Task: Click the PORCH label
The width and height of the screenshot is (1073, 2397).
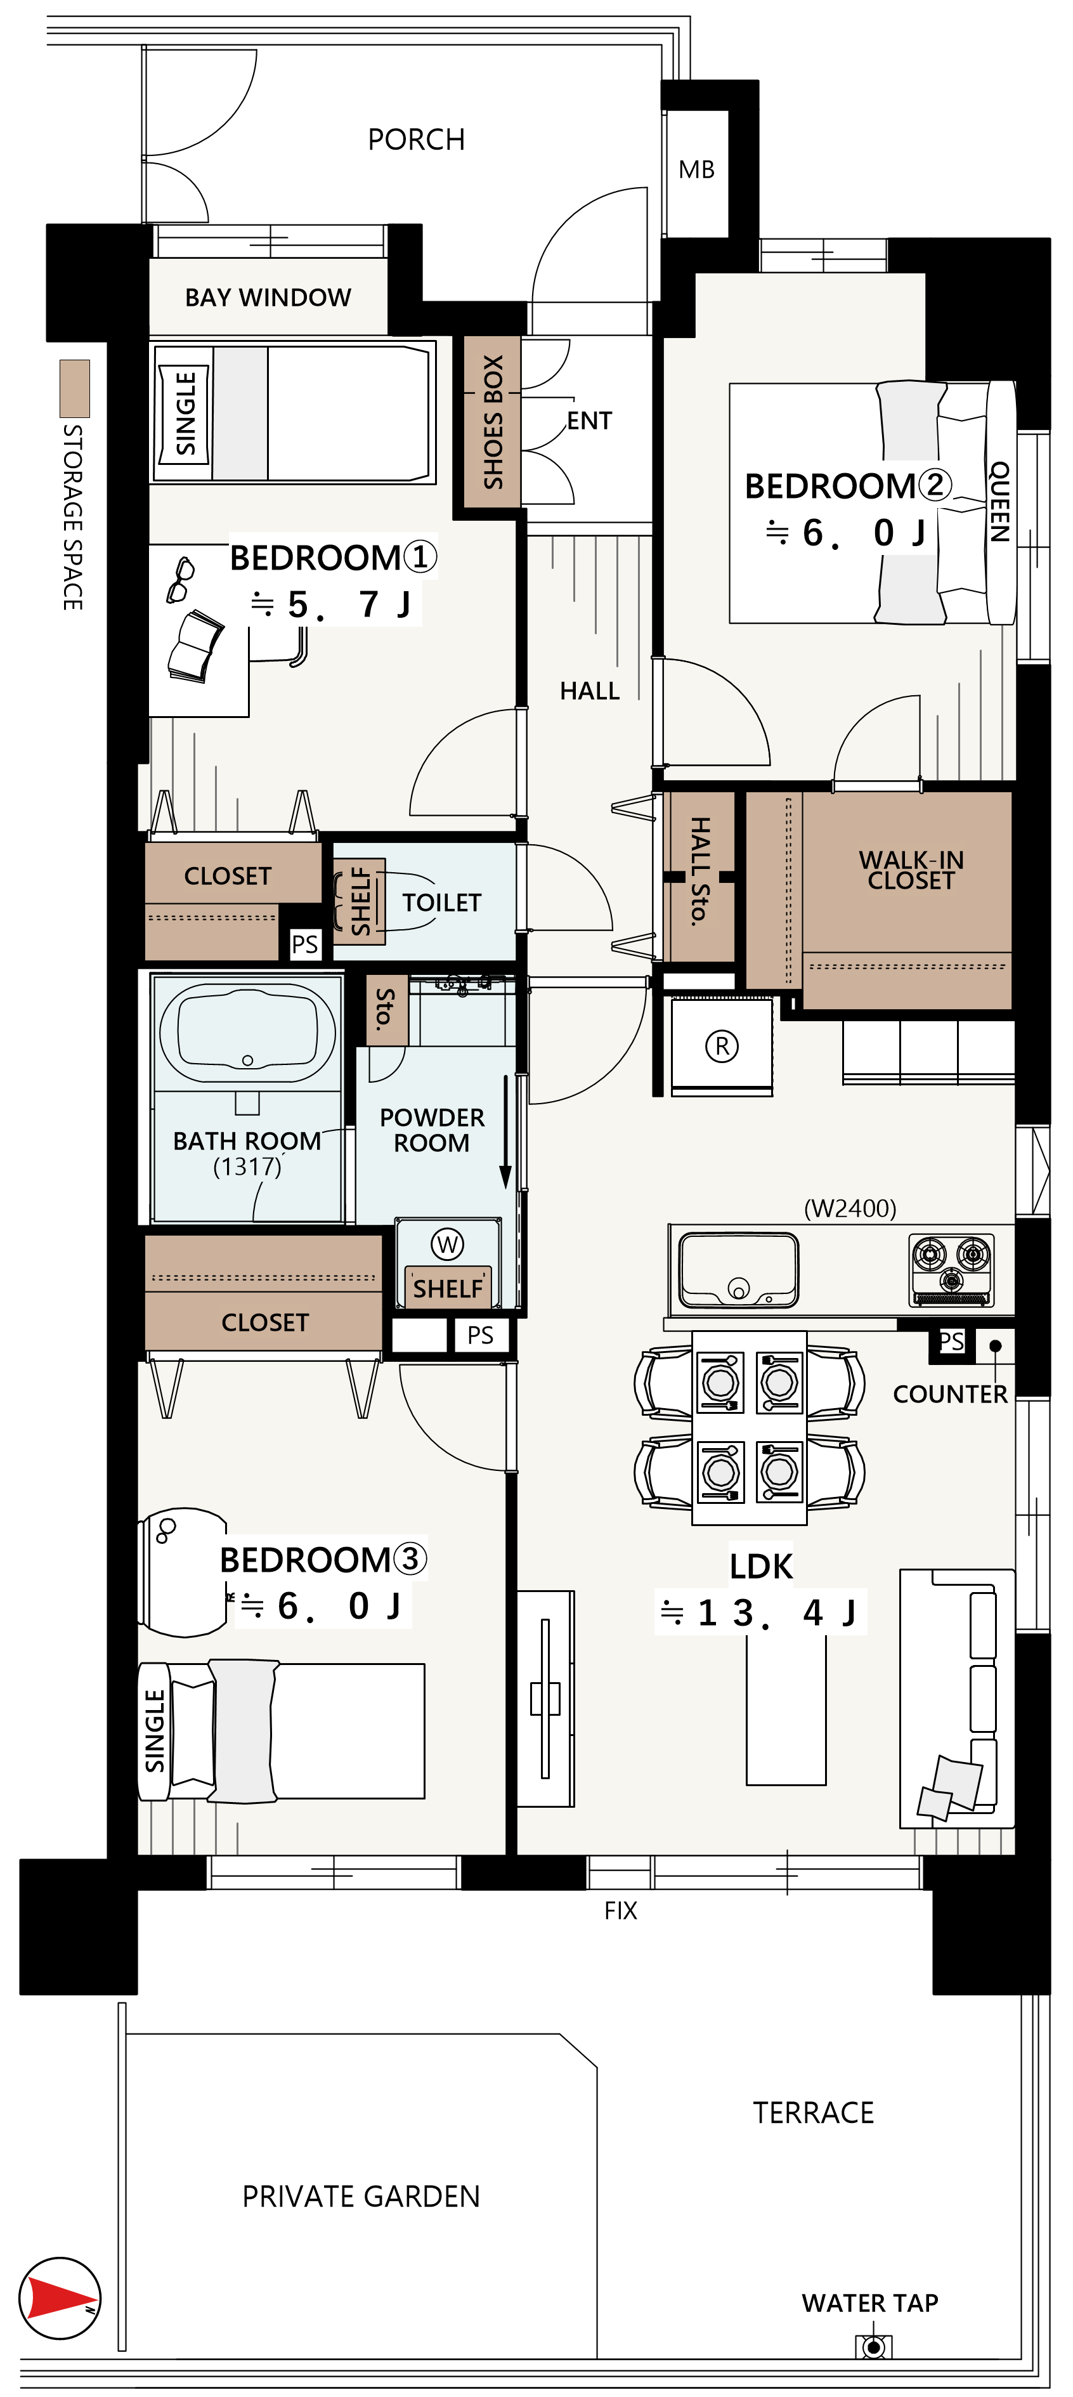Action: coord(416,140)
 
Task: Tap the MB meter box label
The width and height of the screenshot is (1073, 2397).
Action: coord(696,169)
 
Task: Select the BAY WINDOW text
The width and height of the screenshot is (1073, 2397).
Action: coord(268,297)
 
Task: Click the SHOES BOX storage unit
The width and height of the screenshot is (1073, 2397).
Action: coord(492,422)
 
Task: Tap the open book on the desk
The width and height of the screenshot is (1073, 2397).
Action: coord(195,647)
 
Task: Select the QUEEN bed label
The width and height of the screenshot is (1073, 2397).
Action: coord(999,502)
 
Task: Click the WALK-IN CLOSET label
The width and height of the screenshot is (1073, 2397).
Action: coord(911,870)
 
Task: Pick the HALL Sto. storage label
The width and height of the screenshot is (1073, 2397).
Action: coord(700,870)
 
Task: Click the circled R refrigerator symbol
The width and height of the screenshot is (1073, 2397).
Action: coord(722,1046)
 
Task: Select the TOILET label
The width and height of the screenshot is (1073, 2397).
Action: coord(442,903)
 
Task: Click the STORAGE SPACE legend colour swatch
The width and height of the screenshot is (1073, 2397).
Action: coord(74,388)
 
